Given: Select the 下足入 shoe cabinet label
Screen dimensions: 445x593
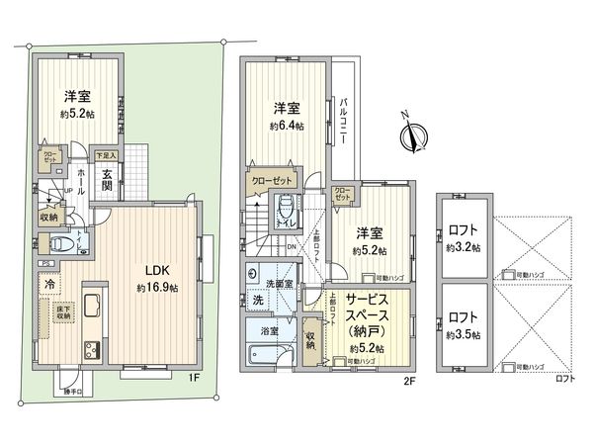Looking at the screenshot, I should pyautogui.click(x=105, y=156).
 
